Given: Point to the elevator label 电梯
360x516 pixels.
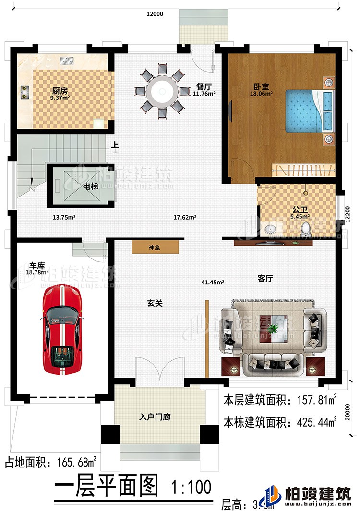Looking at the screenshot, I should (x=91, y=186).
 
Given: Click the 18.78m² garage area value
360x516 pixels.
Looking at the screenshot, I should (x=38, y=272).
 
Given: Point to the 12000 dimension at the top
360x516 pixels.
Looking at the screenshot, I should (x=155, y=14).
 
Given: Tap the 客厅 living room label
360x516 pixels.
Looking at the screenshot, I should (x=265, y=278).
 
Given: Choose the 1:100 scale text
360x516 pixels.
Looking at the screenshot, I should (x=191, y=488).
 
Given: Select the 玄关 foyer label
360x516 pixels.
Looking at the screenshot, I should (x=154, y=303).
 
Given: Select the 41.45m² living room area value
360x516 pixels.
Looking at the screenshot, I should (x=213, y=283).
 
